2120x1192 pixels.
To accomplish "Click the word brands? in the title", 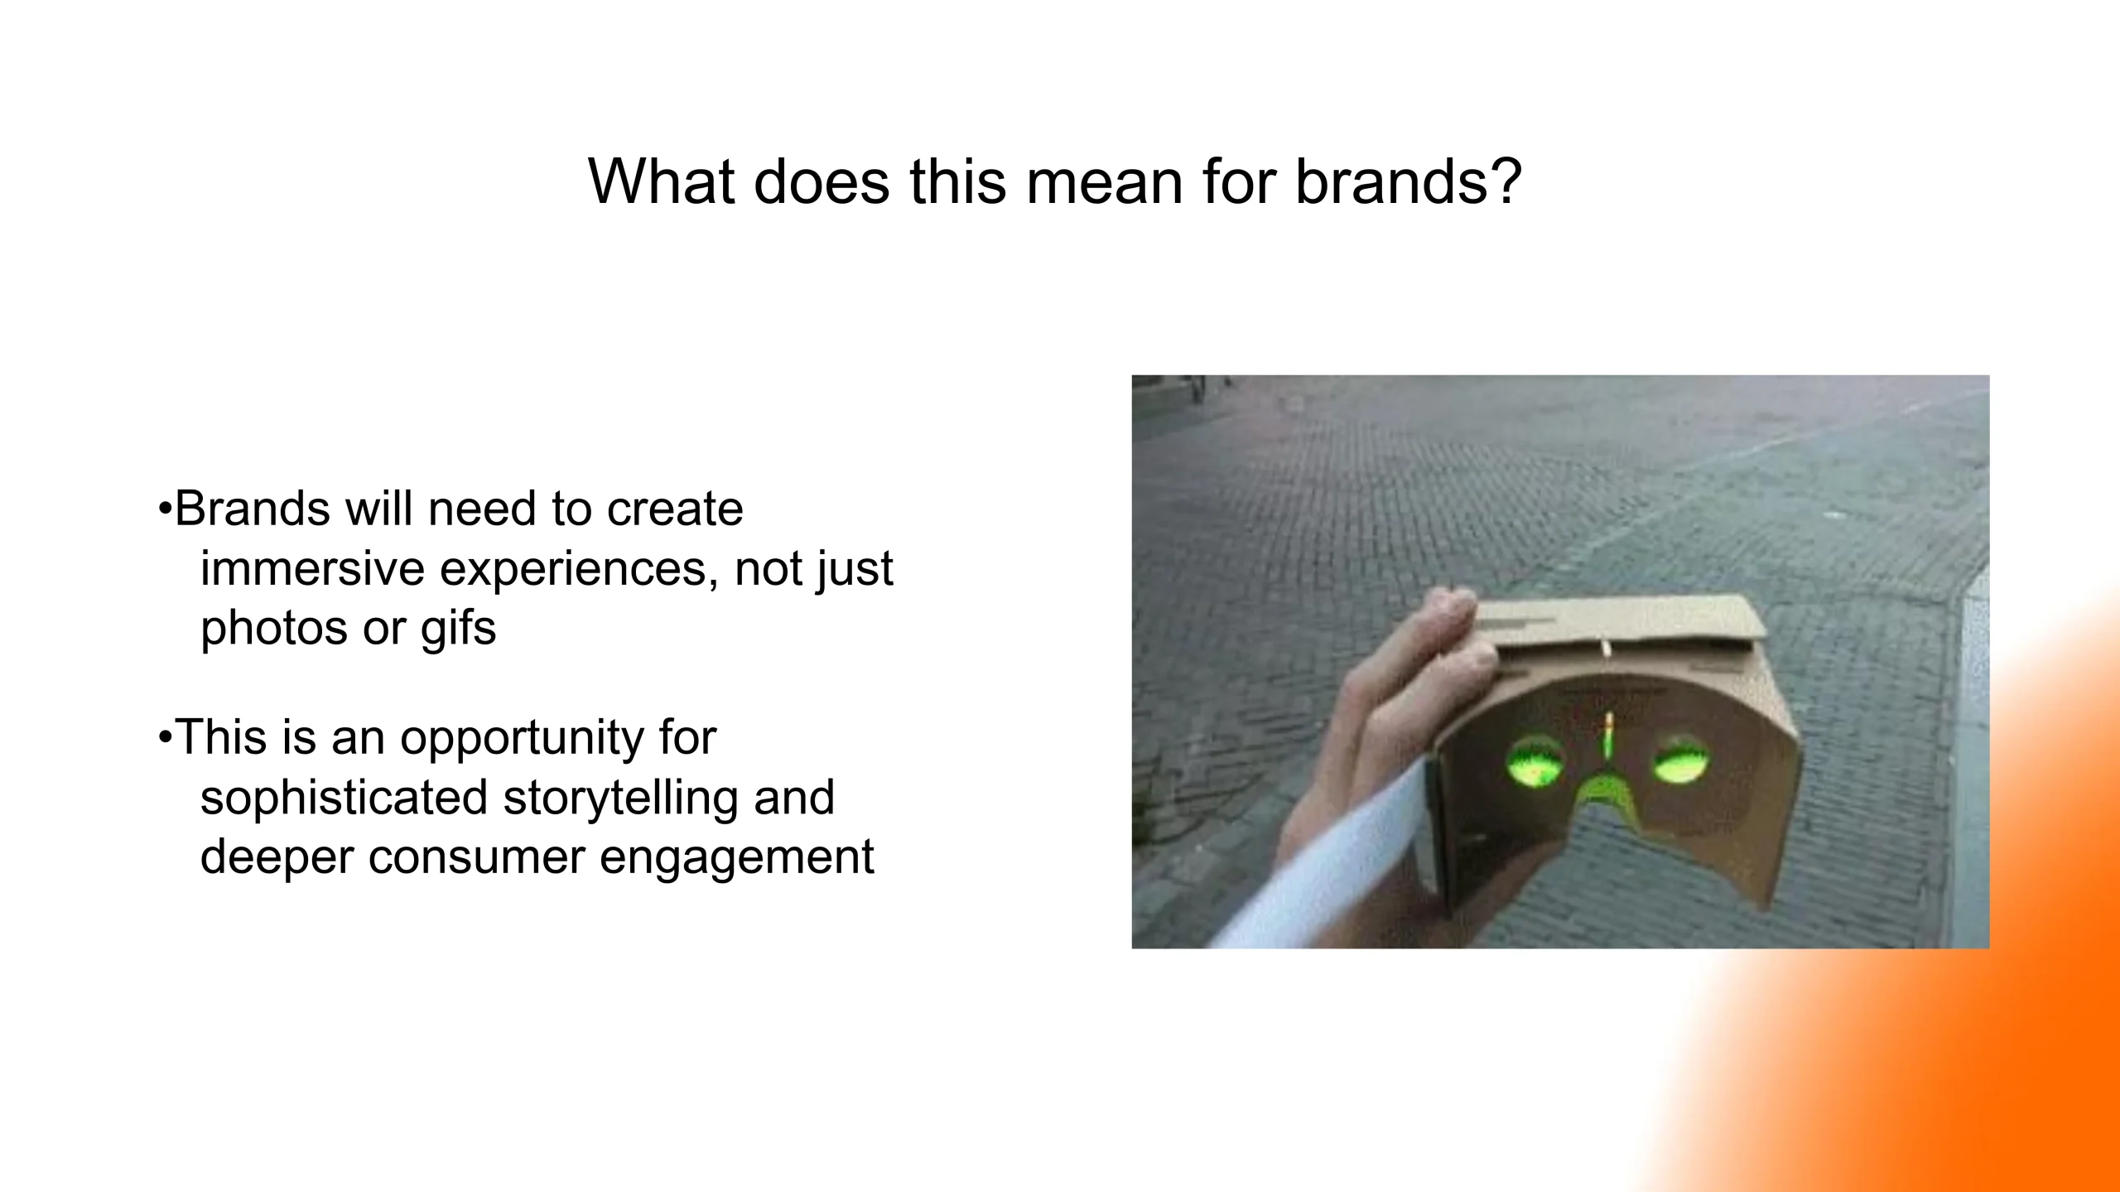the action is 1408,181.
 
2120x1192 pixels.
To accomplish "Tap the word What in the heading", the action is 661,181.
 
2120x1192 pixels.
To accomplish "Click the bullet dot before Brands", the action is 165,509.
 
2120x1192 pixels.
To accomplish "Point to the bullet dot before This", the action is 165,736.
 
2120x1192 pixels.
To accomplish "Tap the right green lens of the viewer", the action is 1681,759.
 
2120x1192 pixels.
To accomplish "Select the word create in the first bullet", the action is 674,509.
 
